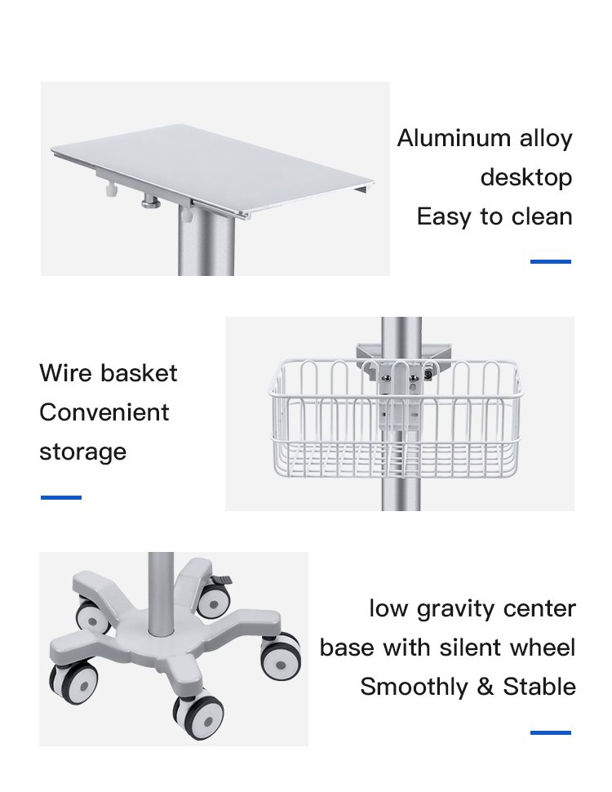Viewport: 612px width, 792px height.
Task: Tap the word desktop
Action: coord(526,178)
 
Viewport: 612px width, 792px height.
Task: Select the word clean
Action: coord(542,216)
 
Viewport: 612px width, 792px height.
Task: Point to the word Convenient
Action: coord(104,412)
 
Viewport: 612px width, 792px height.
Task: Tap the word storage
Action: coord(82,452)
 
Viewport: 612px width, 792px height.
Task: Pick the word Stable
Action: coord(539,687)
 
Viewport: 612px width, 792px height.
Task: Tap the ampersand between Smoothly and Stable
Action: coord(486,687)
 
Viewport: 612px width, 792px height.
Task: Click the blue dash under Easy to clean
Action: coord(551,261)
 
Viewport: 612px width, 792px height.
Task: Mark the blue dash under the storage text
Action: coord(61,497)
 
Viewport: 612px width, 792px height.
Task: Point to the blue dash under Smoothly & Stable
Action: coord(551,732)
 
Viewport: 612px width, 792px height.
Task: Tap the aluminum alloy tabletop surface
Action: coord(212,167)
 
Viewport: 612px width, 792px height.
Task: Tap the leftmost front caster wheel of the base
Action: coord(73,683)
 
